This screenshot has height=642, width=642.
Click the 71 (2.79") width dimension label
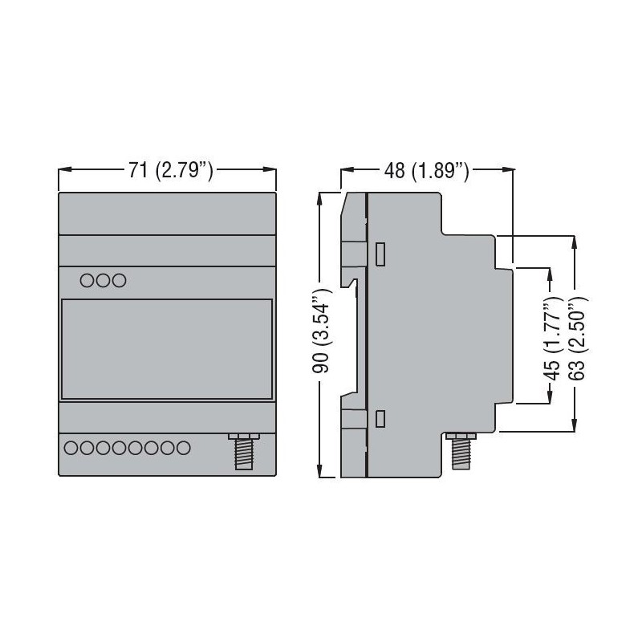tap(169, 170)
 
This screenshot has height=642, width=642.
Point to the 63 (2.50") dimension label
tap(574, 335)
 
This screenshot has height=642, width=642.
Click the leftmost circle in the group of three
tap(87, 281)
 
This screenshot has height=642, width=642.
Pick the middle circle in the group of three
tap(103, 281)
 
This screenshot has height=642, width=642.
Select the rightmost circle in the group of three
tap(119, 281)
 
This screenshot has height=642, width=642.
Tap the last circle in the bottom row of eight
tap(183, 448)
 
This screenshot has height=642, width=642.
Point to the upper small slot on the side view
tap(381, 254)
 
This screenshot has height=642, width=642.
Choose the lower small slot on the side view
tap(381, 417)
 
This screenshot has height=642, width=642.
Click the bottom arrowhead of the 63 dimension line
tap(574, 427)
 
